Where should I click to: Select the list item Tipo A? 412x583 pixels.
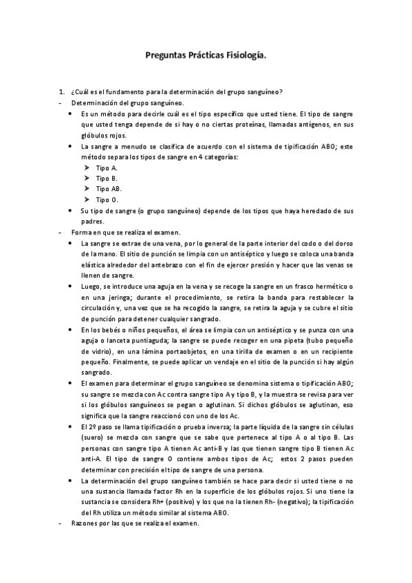coord(107,168)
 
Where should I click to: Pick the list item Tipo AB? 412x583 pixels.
coord(109,188)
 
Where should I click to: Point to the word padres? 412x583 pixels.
coord(92,221)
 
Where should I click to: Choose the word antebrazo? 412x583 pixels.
coord(173,265)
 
